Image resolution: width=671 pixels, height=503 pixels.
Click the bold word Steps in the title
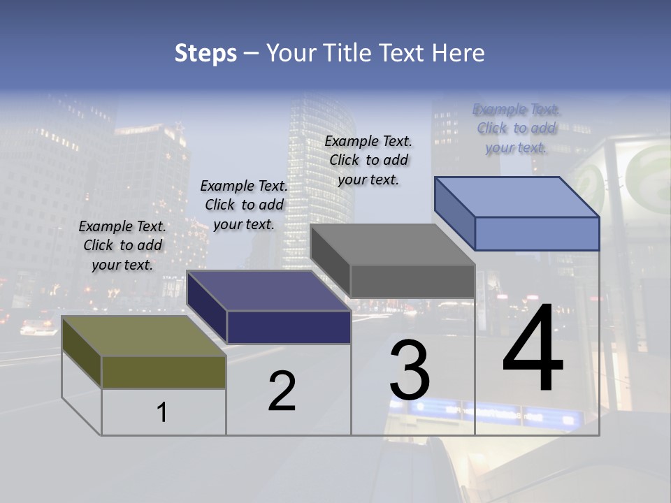coord(205,53)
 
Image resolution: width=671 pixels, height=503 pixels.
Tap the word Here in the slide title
coord(459,53)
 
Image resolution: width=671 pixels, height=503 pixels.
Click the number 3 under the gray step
coord(410,370)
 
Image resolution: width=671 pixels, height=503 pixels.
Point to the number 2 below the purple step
coord(282,391)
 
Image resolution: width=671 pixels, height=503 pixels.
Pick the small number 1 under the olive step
coord(162,412)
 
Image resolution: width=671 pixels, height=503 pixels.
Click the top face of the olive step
coord(143,336)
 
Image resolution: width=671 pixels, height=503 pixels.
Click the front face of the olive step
coord(164,372)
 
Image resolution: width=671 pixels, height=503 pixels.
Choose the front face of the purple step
coord(289,327)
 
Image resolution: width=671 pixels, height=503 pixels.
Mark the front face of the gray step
coord(412,281)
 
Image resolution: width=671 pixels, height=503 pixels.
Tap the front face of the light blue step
coord(537,233)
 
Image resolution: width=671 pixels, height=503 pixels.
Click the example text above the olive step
coord(122,245)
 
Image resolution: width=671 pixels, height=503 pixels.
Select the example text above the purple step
coord(244,205)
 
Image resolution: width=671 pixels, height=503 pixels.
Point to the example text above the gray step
coord(368,160)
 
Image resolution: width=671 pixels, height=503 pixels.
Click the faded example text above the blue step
coord(517,128)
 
